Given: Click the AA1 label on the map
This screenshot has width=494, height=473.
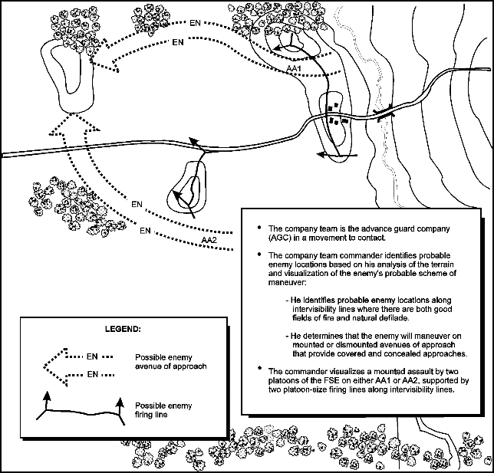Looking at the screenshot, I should pos(292,69).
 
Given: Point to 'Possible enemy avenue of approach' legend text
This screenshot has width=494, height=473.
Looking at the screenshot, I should pos(169,362).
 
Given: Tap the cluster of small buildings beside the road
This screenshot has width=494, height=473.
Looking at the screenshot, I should pos(335,117).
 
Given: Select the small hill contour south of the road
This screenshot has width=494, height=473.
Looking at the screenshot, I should pos(189,189).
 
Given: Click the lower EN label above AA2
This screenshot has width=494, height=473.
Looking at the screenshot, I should pos(145,228).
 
